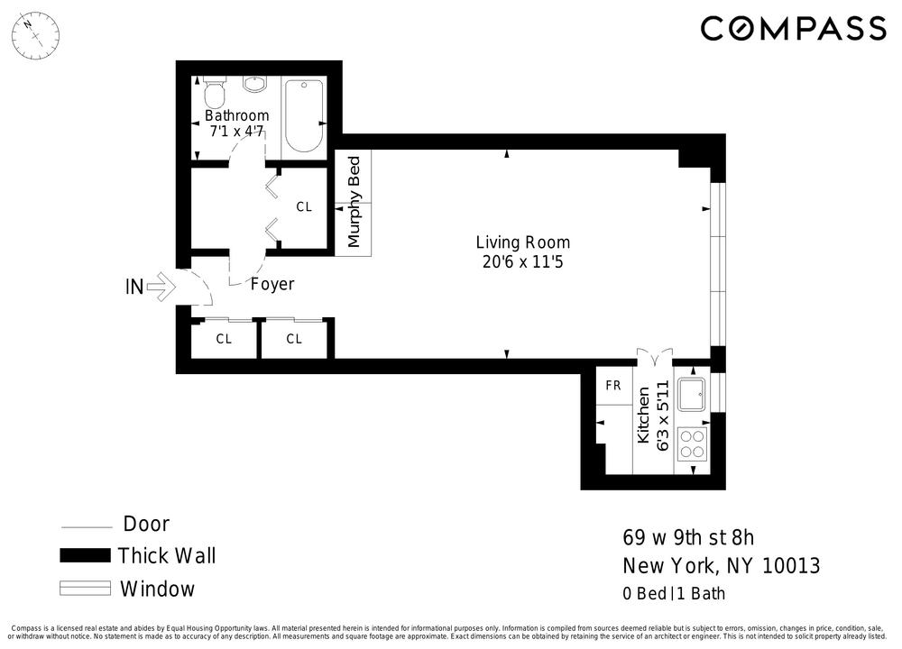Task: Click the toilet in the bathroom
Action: [215, 90]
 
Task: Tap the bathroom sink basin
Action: [254, 84]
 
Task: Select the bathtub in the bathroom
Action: [304, 116]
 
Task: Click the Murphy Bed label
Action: [354, 202]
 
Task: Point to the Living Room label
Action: [523, 242]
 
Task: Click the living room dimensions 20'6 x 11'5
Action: [523, 262]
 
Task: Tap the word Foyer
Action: [272, 284]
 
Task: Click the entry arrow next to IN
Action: [161, 287]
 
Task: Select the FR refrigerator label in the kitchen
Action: [613, 385]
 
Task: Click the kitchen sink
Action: [692, 394]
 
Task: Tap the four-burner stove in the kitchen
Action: [692, 443]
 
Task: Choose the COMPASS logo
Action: [793, 29]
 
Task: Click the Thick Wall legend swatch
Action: [85, 555]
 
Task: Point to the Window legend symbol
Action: [85, 588]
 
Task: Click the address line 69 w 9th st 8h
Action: [688, 537]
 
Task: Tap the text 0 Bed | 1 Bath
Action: [674, 593]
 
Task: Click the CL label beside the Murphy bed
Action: [304, 207]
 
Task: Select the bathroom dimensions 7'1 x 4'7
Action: [236, 132]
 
